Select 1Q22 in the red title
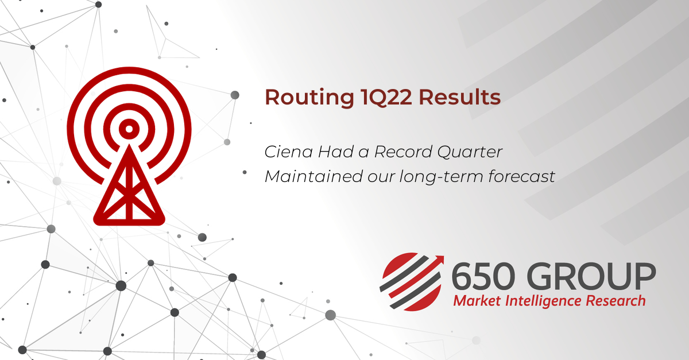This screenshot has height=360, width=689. pyautogui.click(x=386, y=98)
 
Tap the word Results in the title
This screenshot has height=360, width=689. pyautogui.click(x=459, y=97)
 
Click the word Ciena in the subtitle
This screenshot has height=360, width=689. pyautogui.click(x=288, y=152)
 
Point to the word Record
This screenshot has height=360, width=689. pyautogui.click(x=402, y=152)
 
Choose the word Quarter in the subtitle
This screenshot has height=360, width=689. pyautogui.click(x=470, y=152)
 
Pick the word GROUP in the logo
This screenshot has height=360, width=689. pyautogui.click(x=591, y=276)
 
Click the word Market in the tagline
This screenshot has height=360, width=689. pyautogui.click(x=477, y=301)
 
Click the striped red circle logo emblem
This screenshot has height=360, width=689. pyautogui.click(x=412, y=281)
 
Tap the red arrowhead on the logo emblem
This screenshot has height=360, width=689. pyautogui.click(x=439, y=260)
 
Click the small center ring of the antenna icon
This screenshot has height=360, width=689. pyautogui.click(x=129, y=129)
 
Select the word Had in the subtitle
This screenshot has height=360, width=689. pyautogui.click(x=335, y=152)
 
